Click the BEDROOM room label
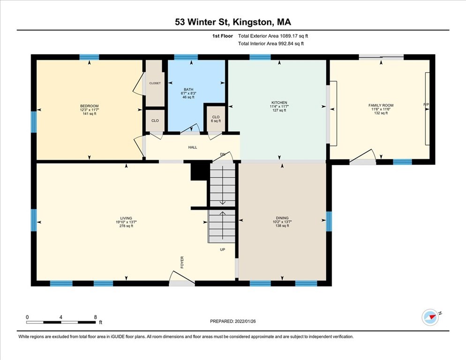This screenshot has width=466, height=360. pyautogui.click(x=89, y=105)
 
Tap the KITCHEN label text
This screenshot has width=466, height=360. pyautogui.click(x=279, y=103)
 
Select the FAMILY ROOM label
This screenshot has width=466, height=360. pyautogui.click(x=381, y=105)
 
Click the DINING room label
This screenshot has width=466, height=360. pyautogui.click(x=282, y=218)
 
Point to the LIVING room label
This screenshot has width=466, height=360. pyautogui.click(x=126, y=218)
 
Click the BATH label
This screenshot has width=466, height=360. pyautogui.click(x=188, y=90)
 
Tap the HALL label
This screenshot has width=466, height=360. pyautogui.click(x=193, y=147)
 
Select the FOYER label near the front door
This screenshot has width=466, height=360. pyautogui.click(x=182, y=262)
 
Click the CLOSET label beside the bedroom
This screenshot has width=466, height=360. pyautogui.click(x=155, y=83)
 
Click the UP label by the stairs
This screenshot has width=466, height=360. pyautogui.click(x=223, y=249)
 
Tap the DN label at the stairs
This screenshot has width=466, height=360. pyautogui.click(x=223, y=154)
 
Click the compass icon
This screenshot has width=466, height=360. pyautogui.click(x=430, y=317)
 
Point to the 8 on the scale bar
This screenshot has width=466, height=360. pyautogui.click(x=95, y=317)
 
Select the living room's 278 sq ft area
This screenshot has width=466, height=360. pyautogui.click(x=126, y=226)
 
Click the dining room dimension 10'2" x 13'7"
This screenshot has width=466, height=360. pyautogui.click(x=282, y=222)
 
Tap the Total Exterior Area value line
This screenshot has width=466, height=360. pyautogui.click(x=273, y=36)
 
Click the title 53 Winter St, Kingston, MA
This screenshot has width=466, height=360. pyautogui.click(x=233, y=22)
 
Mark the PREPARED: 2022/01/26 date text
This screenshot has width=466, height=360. pyautogui.click(x=233, y=321)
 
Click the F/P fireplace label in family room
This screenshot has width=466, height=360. pyautogui.click(x=426, y=104)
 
